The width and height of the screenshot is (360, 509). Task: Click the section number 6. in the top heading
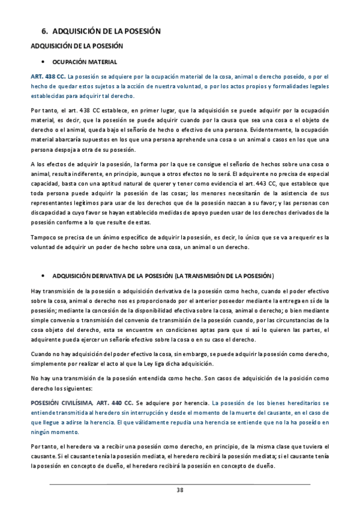[44, 31]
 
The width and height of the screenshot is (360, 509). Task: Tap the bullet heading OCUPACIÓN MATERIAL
[85, 62]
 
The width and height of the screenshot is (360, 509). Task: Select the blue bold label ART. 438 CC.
[47, 77]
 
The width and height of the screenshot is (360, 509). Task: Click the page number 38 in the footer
[180, 490]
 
